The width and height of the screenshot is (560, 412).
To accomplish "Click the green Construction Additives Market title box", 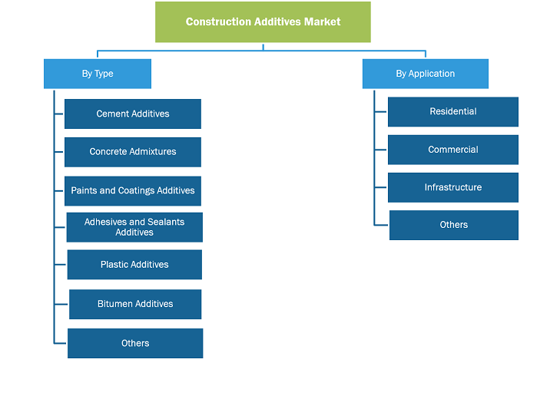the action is click(263, 21).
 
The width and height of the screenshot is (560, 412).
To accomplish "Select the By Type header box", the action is click(98, 74).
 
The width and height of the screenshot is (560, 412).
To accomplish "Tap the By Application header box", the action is click(426, 74).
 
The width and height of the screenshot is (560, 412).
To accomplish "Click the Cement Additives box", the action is click(133, 114).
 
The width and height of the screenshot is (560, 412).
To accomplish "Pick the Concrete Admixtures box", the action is click(133, 152).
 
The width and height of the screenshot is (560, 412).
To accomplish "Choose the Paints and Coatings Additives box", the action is click(133, 191).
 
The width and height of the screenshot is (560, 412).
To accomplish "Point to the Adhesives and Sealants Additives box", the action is click(134, 227).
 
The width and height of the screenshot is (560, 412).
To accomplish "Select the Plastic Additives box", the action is click(134, 265).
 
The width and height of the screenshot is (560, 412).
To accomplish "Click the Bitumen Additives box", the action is click(135, 304).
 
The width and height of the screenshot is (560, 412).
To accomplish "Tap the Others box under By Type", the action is click(135, 343).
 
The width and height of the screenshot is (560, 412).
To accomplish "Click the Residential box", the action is click(453, 112).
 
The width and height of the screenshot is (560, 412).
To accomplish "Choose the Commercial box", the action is click(453, 150).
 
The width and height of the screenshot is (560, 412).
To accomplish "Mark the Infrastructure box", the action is click(453, 187).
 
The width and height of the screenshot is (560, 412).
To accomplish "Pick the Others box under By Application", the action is click(454, 225).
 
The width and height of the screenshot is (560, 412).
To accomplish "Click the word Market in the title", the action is click(322, 21).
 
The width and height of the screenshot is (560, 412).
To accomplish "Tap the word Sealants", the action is click(166, 222).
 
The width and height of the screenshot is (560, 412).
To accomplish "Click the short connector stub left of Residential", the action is click(381, 112).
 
